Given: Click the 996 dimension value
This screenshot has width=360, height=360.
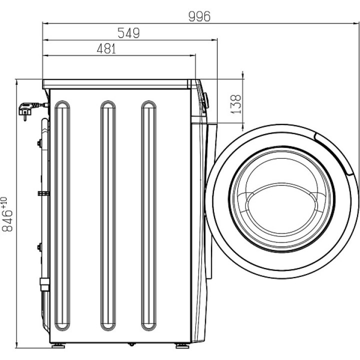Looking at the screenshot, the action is (x=199, y=16).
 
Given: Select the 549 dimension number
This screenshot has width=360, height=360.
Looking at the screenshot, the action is (x=128, y=33).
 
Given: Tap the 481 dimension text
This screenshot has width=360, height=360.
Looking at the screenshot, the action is (x=106, y=48).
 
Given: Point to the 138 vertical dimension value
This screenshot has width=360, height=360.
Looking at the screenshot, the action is (x=235, y=104).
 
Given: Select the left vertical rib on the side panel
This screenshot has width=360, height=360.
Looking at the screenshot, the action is (x=62, y=215).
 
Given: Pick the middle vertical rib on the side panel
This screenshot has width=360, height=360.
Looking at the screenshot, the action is (x=108, y=215).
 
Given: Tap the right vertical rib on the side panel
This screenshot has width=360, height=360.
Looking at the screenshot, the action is (x=149, y=215).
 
